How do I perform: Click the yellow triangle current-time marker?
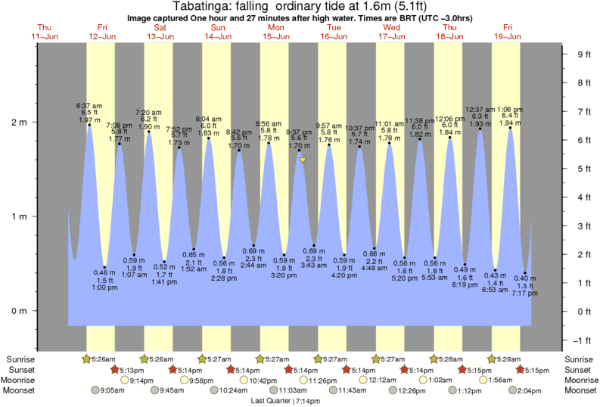point(302,160)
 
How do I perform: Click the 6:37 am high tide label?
point(89,111)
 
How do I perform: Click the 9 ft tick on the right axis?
point(583,54)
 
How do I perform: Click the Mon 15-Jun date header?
point(276,32)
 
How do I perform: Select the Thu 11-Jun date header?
point(45,32)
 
